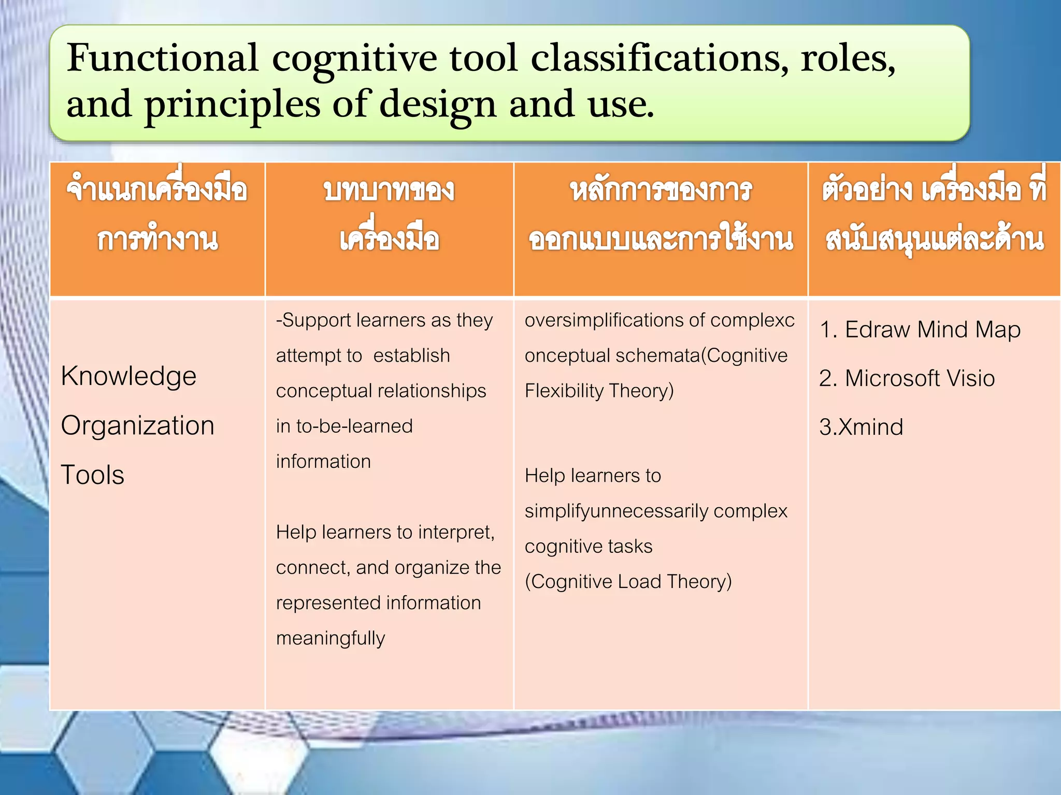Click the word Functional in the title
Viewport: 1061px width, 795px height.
(x=162, y=58)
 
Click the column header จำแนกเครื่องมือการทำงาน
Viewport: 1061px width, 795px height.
(x=157, y=215)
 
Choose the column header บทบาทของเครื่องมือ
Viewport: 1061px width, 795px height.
(x=389, y=215)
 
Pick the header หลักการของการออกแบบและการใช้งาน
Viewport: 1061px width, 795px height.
(x=661, y=215)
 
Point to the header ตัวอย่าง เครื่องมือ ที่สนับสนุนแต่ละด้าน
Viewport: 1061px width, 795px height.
(x=934, y=215)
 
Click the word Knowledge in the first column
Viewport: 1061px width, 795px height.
(x=128, y=376)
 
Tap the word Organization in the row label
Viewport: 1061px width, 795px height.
(x=137, y=425)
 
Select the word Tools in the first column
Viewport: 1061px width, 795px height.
(x=92, y=475)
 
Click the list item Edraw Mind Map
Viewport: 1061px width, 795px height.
(x=920, y=330)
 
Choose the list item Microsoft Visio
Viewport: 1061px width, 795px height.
(x=907, y=378)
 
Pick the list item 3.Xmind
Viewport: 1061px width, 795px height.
(x=861, y=428)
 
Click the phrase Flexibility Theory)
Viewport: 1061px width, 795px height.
(x=599, y=391)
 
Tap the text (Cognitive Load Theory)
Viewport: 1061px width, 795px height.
(x=628, y=582)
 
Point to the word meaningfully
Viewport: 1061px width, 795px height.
(x=331, y=639)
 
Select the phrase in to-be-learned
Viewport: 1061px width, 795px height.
(x=344, y=426)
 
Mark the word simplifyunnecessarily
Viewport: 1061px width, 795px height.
(x=616, y=511)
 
